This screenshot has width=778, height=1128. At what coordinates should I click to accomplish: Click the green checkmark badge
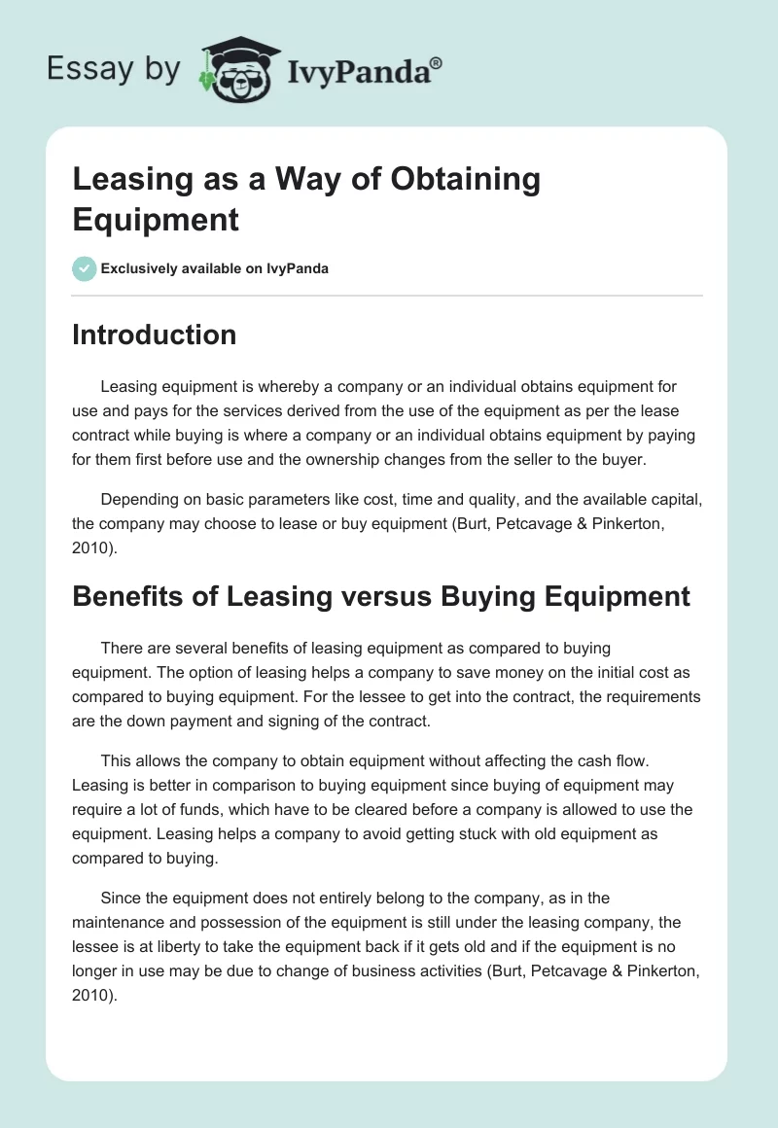[84, 268]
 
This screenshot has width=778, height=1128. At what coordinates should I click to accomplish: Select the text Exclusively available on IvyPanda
[215, 268]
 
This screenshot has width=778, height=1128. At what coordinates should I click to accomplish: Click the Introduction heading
[155, 335]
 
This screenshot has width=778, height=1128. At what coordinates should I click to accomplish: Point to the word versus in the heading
[379, 595]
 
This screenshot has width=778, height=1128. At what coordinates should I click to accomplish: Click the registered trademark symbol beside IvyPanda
[437, 63]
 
